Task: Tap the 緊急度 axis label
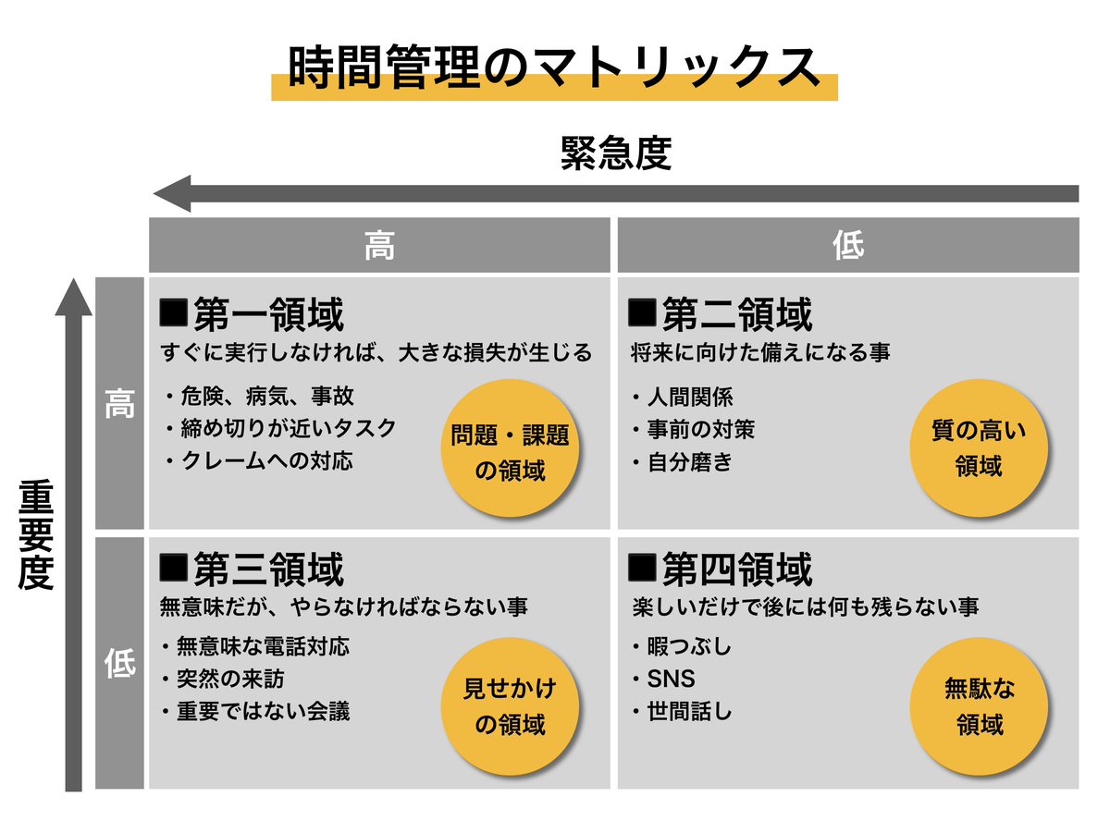pos(615,153)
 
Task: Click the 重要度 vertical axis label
pos(37,535)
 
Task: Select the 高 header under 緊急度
pos(379,246)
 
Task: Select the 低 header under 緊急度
pos(848,246)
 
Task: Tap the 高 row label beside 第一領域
pos(119,403)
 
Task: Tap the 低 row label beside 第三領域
pos(119,663)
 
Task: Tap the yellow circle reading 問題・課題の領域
pos(510,448)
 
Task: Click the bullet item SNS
pos(671,680)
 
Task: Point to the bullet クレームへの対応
pos(264,459)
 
